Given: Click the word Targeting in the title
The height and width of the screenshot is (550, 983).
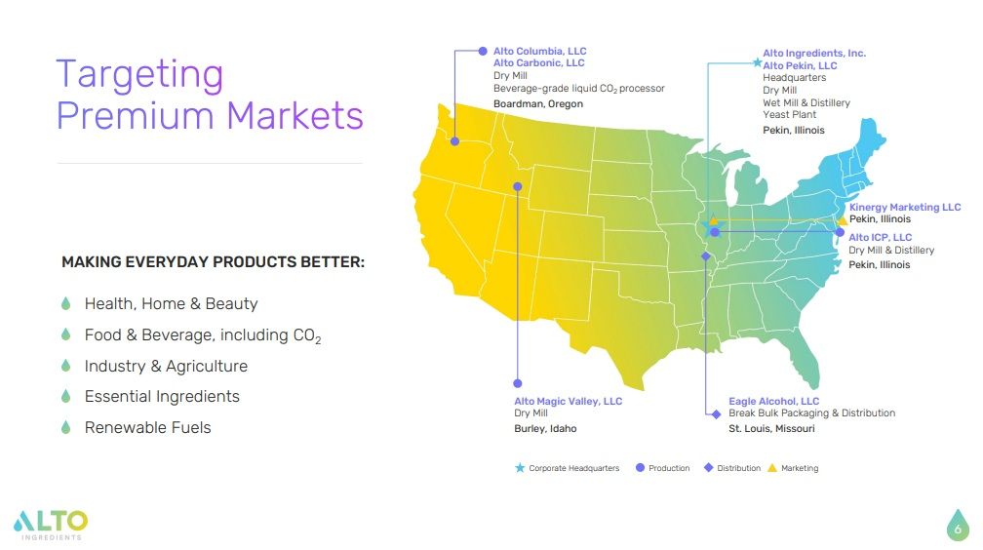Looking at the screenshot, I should [x=139, y=75].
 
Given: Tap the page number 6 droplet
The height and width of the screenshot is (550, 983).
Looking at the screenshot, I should [x=957, y=526].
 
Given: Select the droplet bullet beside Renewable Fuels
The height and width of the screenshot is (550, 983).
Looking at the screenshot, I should [x=66, y=427].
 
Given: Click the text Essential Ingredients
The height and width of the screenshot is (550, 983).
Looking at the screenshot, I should [x=162, y=396].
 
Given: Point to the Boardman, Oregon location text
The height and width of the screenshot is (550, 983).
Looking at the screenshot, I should [x=539, y=103].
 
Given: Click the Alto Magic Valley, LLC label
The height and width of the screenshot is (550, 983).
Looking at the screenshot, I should [x=568, y=401].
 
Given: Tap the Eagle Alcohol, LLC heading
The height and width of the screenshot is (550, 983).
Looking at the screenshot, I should [x=773, y=401].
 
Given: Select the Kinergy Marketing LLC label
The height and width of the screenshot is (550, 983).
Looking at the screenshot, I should [x=904, y=207].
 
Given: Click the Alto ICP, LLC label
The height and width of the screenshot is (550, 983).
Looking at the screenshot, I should [x=880, y=237].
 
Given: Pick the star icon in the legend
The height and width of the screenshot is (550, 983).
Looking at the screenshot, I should [x=520, y=468].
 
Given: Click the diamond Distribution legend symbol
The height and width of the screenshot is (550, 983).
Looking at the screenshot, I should [x=708, y=468].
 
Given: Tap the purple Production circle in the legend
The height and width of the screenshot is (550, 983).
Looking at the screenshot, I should [x=640, y=468].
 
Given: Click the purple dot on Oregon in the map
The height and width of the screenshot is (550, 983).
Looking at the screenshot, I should [x=455, y=141].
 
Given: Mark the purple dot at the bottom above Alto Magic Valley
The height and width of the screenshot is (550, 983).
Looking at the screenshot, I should [x=518, y=383].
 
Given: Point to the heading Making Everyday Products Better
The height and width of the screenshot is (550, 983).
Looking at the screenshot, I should [x=213, y=262].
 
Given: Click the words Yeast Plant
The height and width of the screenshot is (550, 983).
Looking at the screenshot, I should [x=789, y=115].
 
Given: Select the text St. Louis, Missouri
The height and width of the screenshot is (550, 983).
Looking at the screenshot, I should [x=771, y=428].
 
